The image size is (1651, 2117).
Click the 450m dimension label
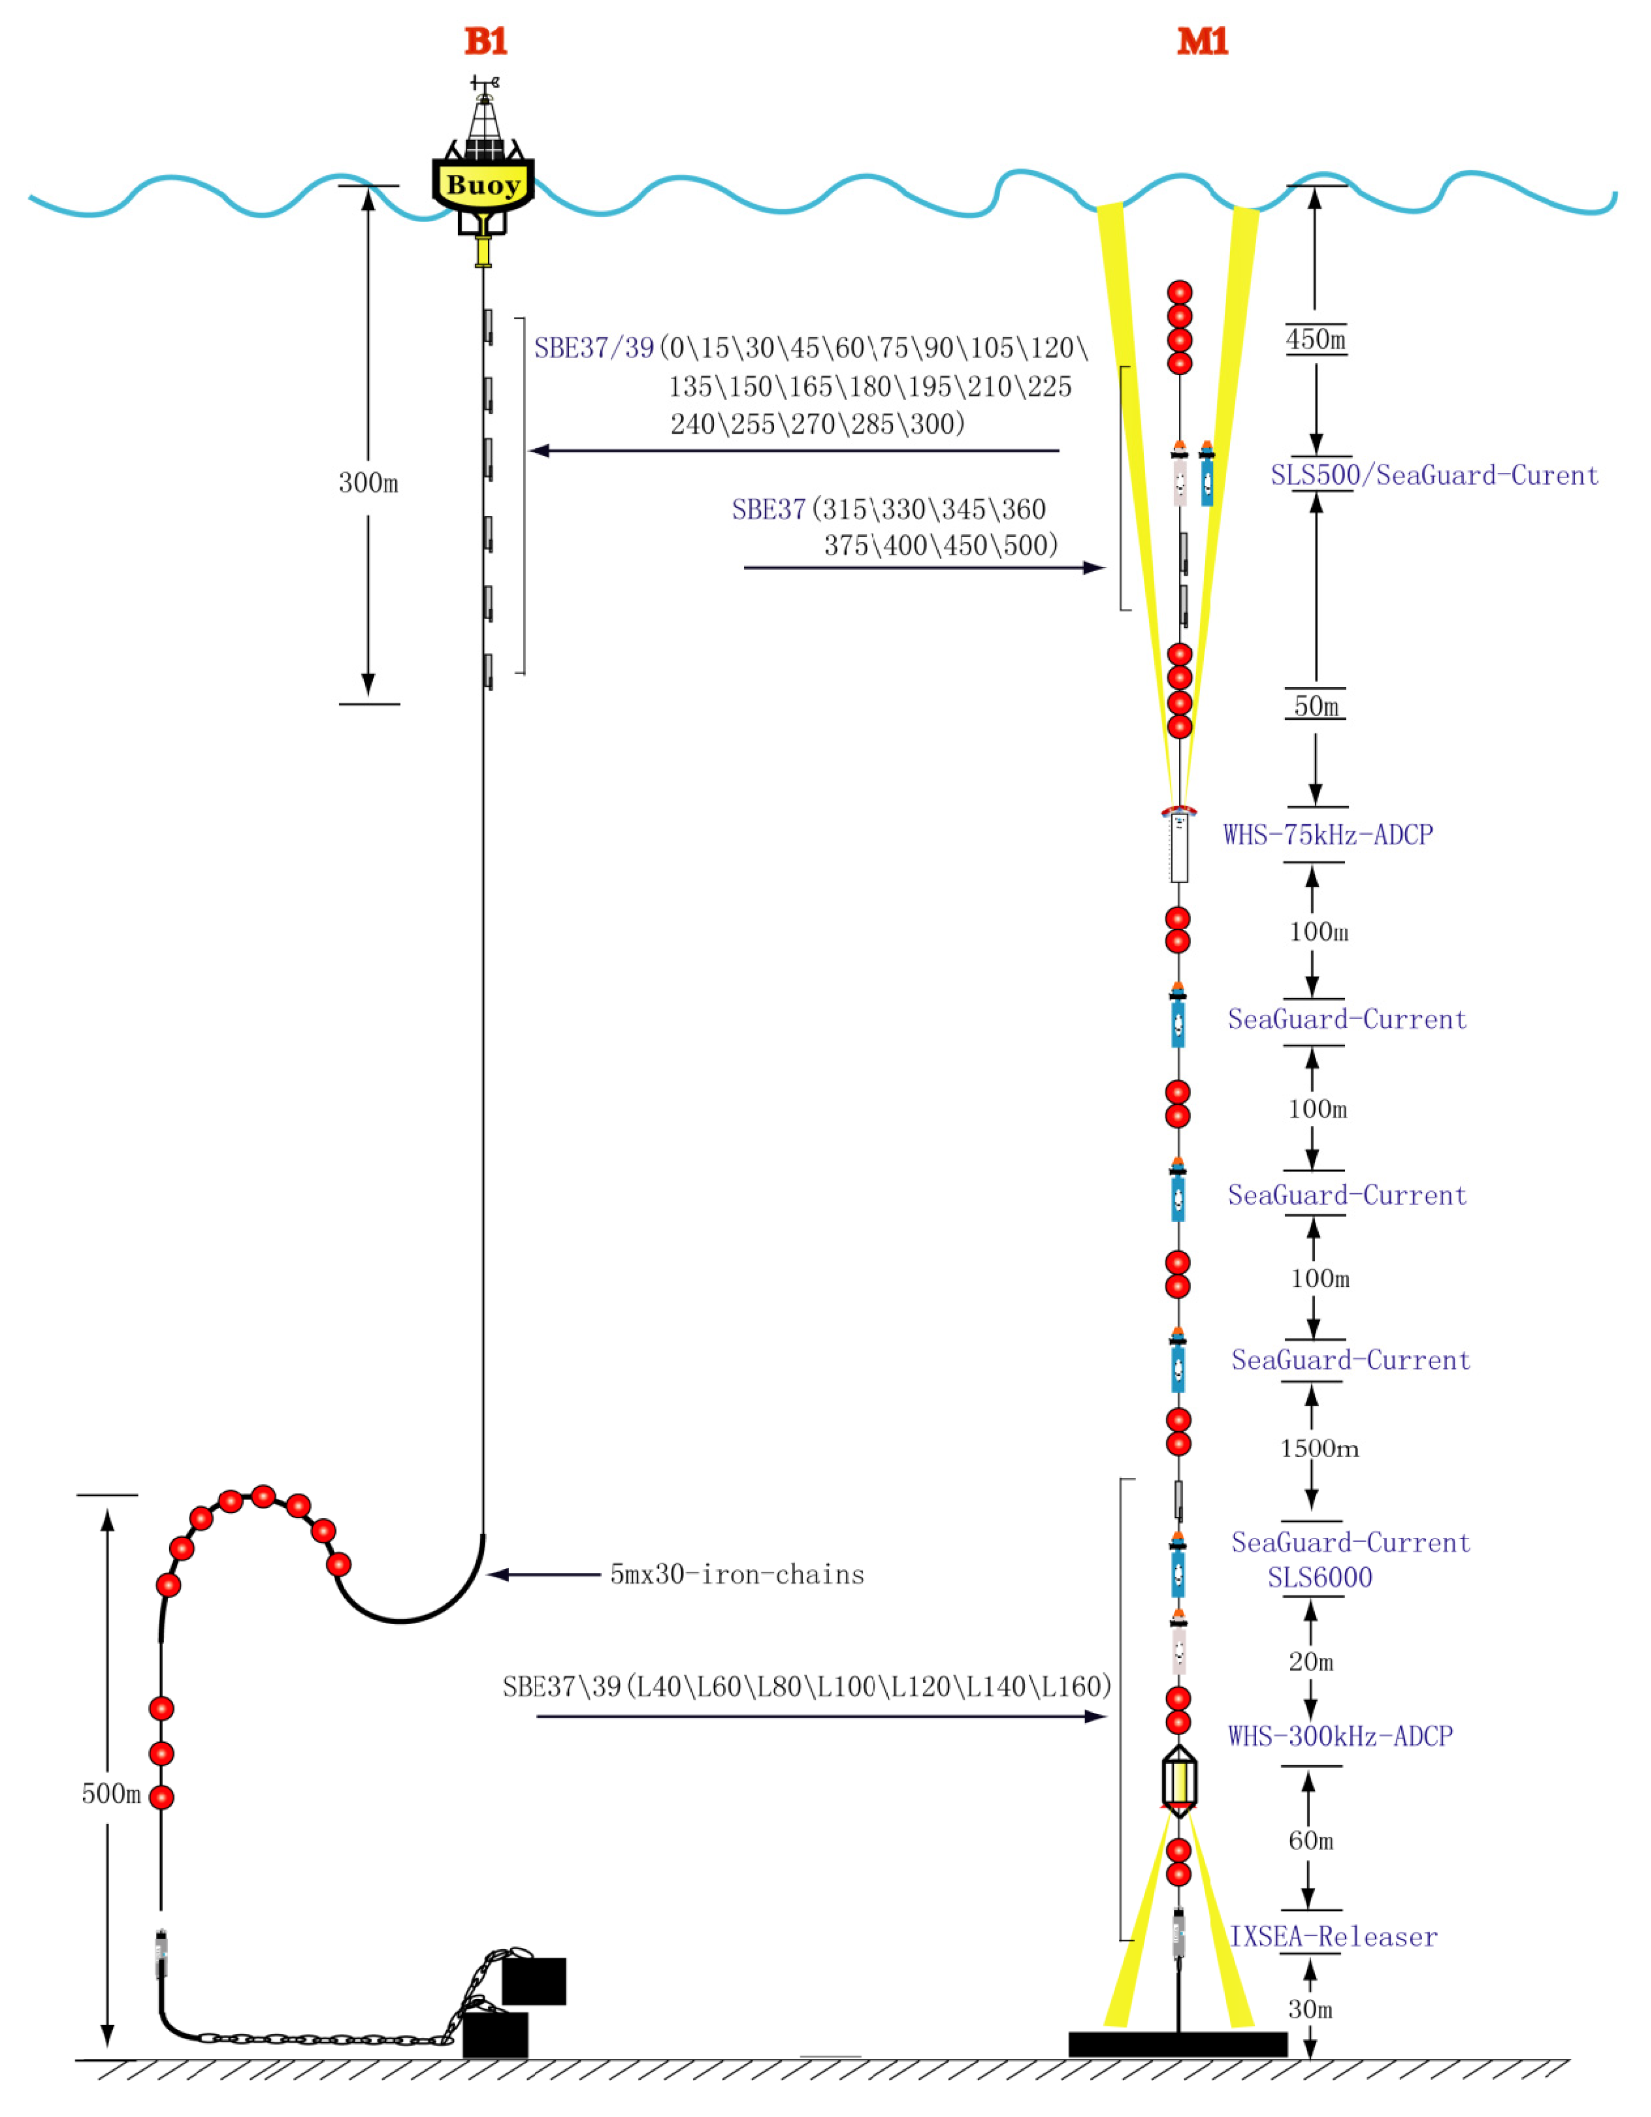pyautogui.click(x=1315, y=339)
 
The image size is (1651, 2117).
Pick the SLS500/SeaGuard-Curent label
pyautogui.click(x=1434, y=475)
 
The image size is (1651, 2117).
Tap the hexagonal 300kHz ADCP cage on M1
pyautogui.click(x=1179, y=1781)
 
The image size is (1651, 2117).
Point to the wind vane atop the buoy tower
pyautogui.click(x=485, y=84)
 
